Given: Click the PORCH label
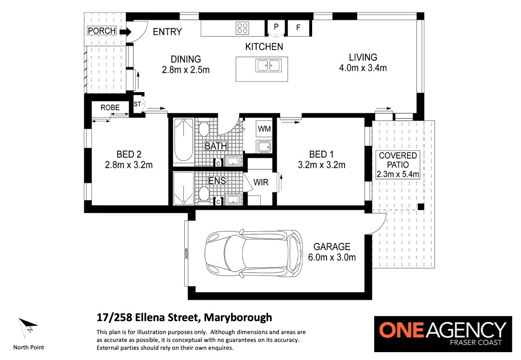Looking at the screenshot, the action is pos(102,31).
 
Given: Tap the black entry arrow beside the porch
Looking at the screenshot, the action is pos(126,31).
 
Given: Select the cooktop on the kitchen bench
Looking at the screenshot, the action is pos(242,28).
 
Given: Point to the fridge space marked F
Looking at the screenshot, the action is pos(298,28).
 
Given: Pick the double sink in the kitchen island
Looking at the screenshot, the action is pos(268,65).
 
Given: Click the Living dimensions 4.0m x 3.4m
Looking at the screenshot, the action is pos(363,68).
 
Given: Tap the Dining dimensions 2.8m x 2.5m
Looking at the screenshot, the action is pos(186,70).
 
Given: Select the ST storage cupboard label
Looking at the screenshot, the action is pos(137,104).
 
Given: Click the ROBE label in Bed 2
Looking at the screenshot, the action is pos(110,108).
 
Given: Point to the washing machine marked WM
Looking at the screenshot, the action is pos(264,129).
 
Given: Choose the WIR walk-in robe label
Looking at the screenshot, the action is pos(261,182).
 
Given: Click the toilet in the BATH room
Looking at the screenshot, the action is pos(203,129).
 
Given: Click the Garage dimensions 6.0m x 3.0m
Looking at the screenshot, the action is pos(332,257).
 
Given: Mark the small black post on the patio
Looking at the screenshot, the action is pos(421,206).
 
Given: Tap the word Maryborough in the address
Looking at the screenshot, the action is pos(238,318).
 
